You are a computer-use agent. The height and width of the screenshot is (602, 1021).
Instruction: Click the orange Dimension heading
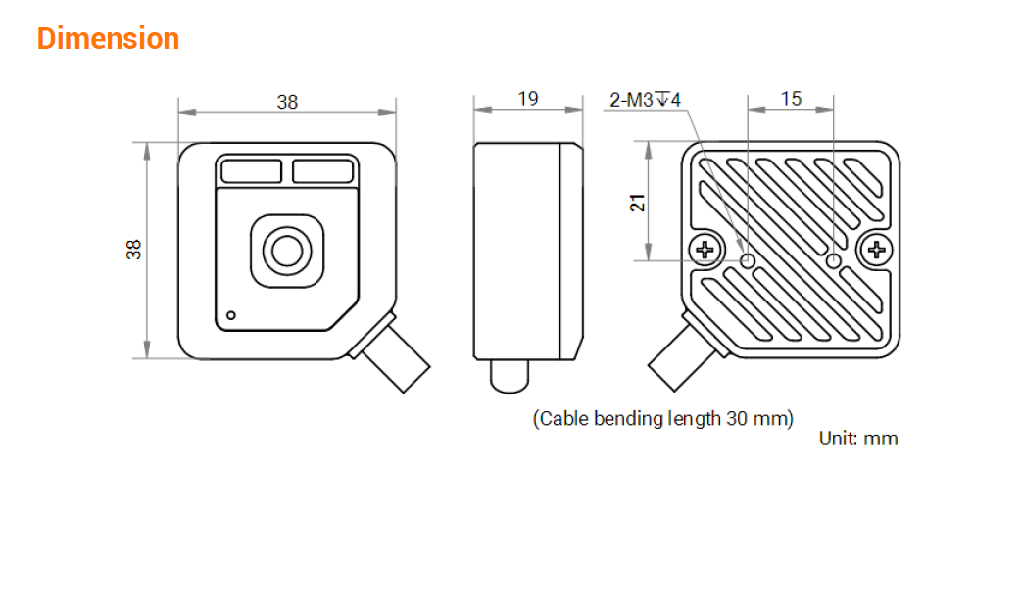click(108, 38)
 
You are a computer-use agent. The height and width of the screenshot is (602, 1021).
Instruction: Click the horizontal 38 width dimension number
click(287, 102)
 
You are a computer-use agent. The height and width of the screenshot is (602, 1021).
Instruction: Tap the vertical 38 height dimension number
click(133, 250)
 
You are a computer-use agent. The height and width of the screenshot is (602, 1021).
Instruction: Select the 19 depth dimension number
click(528, 98)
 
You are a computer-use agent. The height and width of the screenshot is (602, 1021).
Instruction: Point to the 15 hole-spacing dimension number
click(791, 98)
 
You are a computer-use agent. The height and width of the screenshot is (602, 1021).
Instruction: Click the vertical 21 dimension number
click(638, 203)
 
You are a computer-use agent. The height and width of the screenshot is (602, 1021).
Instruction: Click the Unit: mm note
click(858, 438)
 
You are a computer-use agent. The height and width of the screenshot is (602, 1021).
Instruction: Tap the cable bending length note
click(663, 418)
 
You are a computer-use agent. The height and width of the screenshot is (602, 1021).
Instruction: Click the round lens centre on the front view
click(287, 251)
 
